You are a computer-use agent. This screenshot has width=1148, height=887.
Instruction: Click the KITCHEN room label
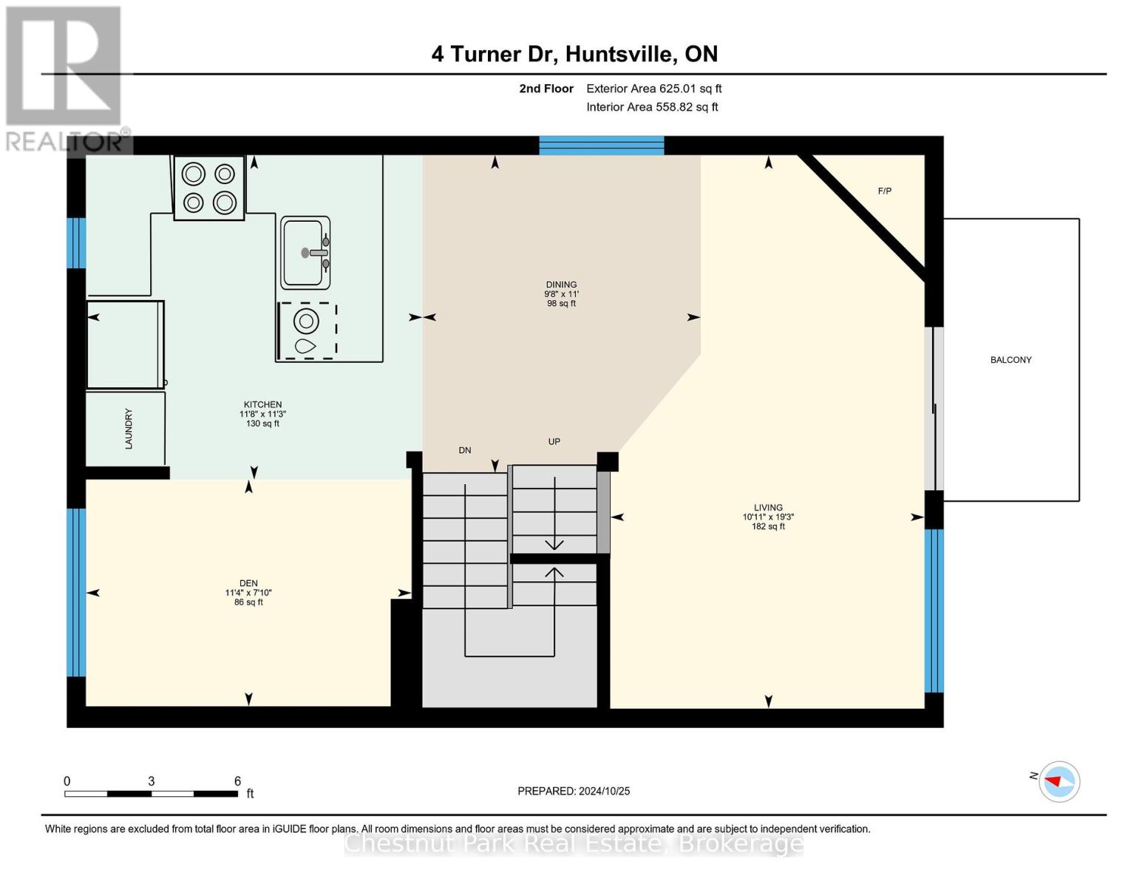click(262, 405)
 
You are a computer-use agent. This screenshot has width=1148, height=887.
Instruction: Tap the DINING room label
click(561, 285)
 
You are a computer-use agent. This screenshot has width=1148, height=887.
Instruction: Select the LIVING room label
click(768, 508)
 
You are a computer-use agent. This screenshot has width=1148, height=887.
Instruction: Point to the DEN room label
click(248, 583)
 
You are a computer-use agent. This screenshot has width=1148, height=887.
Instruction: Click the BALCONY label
click(1011, 360)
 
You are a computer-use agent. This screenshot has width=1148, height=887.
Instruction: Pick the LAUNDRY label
click(129, 429)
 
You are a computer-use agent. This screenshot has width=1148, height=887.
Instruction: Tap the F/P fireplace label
click(884, 191)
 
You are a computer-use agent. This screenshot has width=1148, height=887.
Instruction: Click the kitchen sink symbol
click(305, 253)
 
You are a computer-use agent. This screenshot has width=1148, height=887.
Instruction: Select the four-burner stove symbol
click(209, 188)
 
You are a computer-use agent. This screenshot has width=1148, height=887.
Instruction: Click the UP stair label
click(554, 442)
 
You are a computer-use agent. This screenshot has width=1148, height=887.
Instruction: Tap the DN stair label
click(464, 450)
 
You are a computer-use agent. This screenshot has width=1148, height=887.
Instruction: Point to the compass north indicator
click(1059, 781)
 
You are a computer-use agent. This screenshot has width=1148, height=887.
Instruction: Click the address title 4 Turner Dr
click(574, 54)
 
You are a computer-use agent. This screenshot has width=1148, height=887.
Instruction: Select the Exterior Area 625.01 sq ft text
click(653, 89)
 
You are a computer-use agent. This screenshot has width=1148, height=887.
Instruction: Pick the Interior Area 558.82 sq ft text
click(652, 107)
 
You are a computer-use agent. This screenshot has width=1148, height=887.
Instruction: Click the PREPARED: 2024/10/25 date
click(574, 791)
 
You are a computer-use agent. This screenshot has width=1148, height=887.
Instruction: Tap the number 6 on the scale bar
click(237, 781)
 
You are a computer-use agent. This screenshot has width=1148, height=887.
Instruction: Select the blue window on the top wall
click(601, 145)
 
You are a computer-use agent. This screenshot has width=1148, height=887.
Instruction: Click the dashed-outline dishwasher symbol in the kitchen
click(307, 330)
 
